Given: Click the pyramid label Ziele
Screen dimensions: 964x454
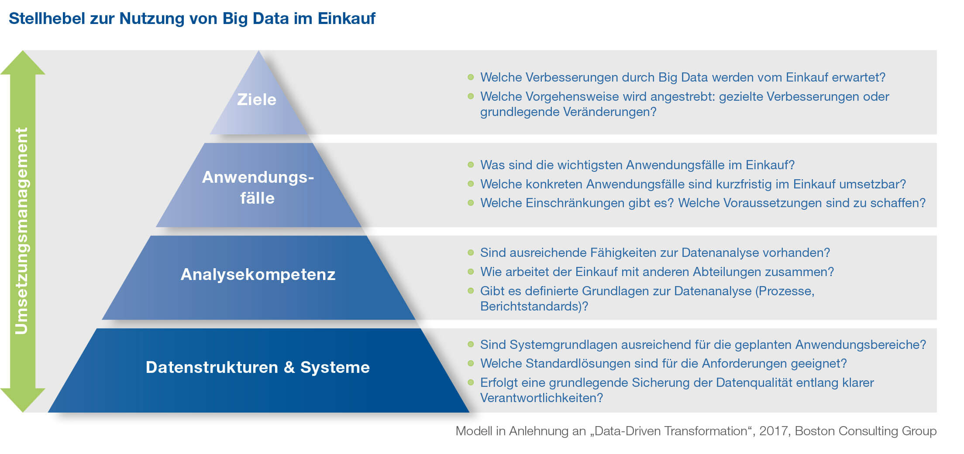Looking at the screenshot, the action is point(257,99).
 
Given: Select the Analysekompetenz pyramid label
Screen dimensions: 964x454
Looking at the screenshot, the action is point(258,274).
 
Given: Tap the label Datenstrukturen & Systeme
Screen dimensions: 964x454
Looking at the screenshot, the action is point(258,367).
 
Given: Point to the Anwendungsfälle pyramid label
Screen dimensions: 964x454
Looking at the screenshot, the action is point(258,188).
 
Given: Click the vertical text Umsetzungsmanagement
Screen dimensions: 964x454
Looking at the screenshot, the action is point(21,231).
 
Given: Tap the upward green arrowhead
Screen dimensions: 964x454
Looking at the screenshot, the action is point(23,63).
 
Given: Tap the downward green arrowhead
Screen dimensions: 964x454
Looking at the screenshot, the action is point(23,400).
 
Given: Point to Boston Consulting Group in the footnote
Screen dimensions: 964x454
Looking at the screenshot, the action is point(866,431).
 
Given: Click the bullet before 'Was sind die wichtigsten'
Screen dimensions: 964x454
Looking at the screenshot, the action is point(471,165).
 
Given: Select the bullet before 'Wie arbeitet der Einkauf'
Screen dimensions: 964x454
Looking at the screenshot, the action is point(471,272).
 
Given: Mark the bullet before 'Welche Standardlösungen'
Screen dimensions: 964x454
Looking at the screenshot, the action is point(471,363).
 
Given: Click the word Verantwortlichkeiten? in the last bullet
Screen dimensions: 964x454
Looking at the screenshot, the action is point(541,398).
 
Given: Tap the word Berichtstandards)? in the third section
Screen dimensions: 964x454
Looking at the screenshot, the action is point(534,306).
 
